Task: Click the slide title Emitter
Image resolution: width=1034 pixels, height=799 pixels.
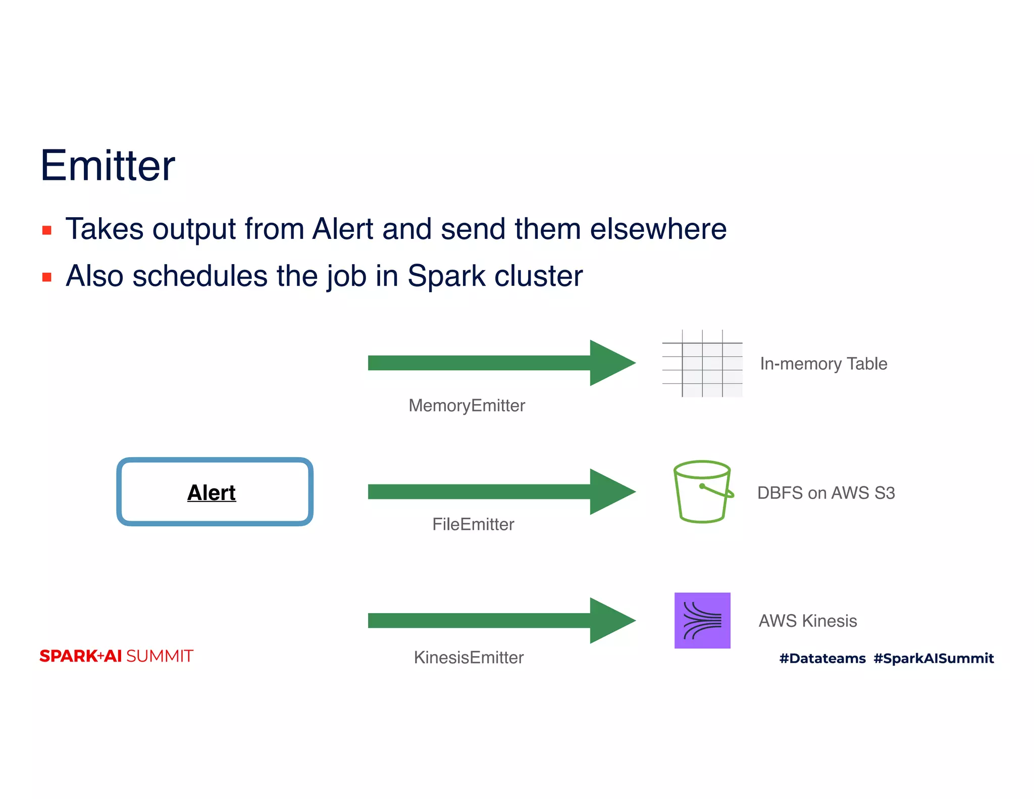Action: coord(108,166)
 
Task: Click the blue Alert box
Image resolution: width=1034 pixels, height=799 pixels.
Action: coord(215,492)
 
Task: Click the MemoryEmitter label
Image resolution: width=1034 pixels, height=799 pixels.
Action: coord(467,406)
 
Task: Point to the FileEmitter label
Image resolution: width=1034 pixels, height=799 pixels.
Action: coord(473,524)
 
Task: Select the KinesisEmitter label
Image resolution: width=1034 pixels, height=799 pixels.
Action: coord(469,658)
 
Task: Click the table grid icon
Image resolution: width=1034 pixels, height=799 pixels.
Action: coord(702,364)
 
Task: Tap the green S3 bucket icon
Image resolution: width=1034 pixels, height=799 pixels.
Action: coord(702,491)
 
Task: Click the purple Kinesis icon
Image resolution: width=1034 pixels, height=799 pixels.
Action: coord(702,620)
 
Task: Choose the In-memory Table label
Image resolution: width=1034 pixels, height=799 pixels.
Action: coord(823,364)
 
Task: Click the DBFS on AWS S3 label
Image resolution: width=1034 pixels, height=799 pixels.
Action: coord(826,493)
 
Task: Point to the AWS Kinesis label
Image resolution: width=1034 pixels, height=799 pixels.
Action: coord(808,621)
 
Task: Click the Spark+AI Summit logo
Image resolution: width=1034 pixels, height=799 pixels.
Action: coord(116,656)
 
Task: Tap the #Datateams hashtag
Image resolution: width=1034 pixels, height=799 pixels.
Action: coord(822,659)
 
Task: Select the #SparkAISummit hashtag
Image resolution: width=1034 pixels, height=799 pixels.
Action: coord(934,659)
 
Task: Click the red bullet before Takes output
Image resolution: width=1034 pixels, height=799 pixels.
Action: coord(47,231)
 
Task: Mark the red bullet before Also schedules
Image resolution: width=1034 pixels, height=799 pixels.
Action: coord(47,277)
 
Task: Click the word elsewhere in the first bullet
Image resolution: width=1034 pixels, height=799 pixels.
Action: coord(658,229)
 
